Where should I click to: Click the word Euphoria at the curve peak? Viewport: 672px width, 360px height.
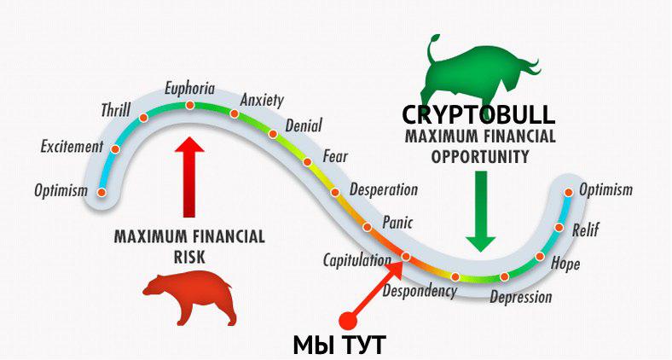[189, 89]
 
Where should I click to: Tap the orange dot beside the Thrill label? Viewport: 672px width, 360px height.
[143, 118]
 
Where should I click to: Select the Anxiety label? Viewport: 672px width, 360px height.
[262, 101]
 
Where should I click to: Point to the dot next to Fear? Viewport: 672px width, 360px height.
[307, 162]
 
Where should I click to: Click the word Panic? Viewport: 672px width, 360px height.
[397, 222]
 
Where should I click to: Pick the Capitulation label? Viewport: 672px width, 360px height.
[357, 260]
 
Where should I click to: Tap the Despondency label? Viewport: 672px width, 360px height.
[420, 291]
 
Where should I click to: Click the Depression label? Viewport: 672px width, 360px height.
[521, 297]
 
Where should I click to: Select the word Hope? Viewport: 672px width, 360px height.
[565, 263]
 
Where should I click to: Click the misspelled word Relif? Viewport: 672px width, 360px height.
[585, 229]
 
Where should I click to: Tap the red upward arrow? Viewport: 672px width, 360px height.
[189, 177]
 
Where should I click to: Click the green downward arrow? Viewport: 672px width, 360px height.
[481, 212]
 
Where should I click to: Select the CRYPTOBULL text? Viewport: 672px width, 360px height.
[478, 115]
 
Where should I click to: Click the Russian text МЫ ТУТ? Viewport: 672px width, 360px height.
[340, 344]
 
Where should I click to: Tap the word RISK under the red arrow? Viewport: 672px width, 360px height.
[189, 257]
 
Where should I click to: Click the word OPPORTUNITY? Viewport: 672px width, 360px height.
[480, 157]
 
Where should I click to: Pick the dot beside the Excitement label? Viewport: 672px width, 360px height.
[115, 149]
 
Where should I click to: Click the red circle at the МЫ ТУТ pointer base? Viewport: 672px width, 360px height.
[348, 320]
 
